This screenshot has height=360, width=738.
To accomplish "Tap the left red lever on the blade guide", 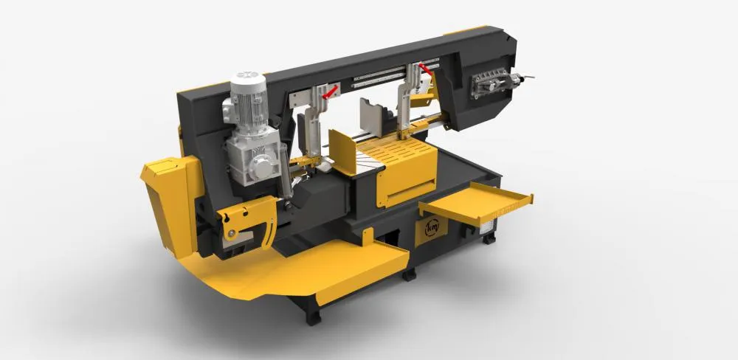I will (330, 91).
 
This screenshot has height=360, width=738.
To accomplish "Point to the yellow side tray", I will (476, 203).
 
